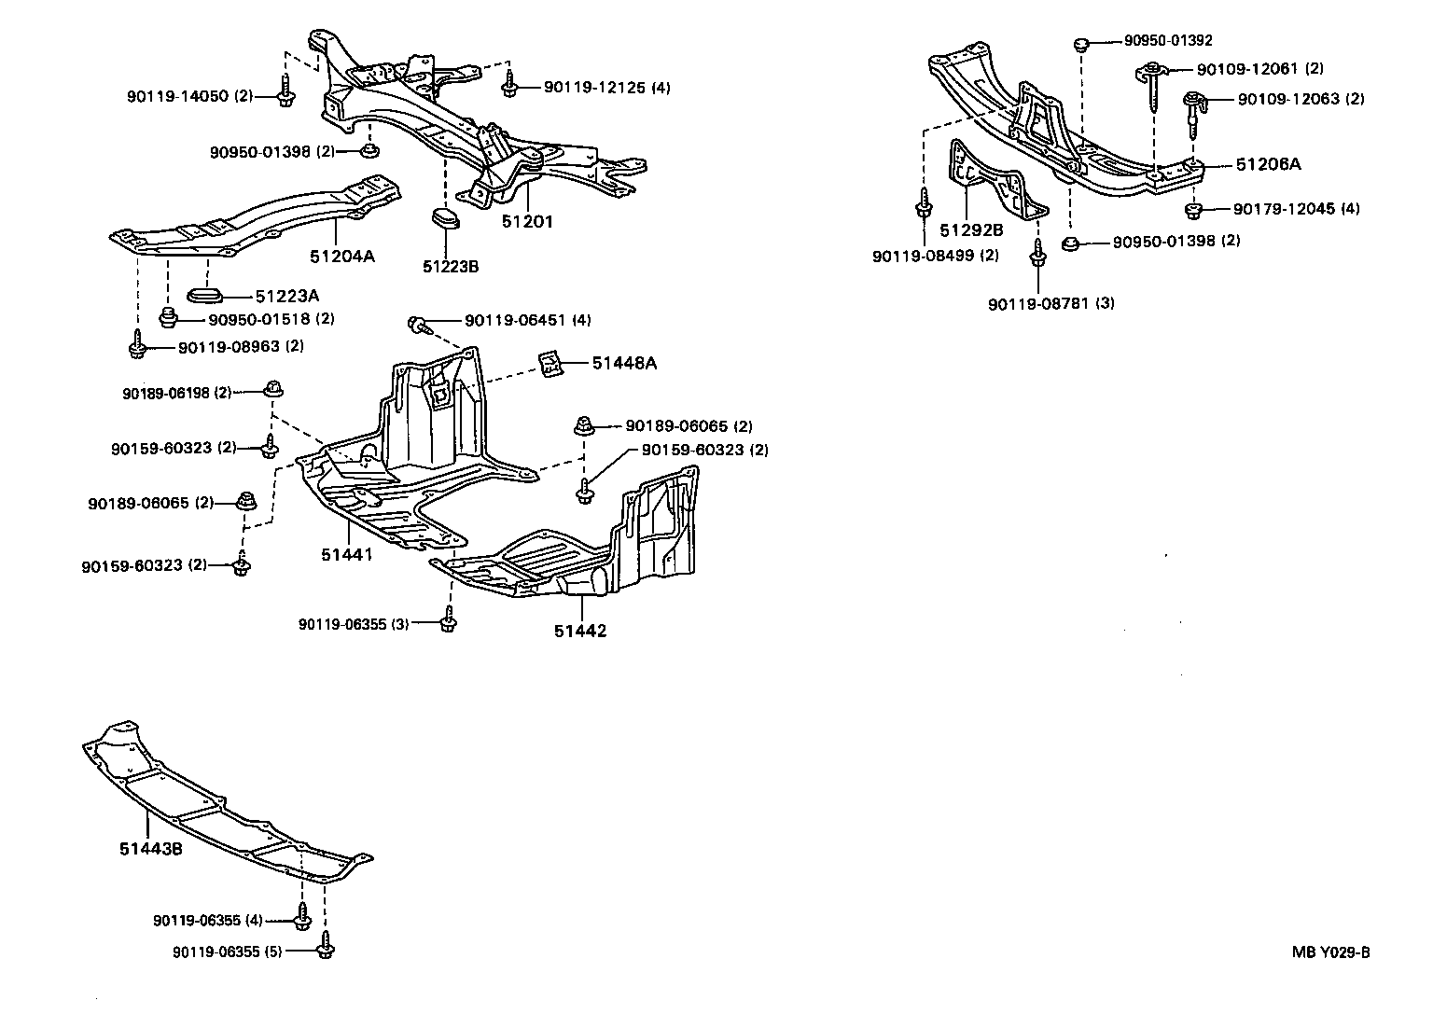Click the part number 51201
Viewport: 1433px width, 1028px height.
coord(527,221)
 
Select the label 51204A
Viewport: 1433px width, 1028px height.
coord(342,255)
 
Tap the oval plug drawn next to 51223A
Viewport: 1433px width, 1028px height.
coord(205,296)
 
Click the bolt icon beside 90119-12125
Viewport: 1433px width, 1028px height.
coord(509,87)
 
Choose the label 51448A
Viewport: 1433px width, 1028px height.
coord(623,363)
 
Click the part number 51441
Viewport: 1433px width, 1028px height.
coord(347,555)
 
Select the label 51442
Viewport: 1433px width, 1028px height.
coord(579,631)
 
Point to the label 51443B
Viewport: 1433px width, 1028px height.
coord(150,848)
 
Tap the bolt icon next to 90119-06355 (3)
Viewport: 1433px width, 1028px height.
coord(448,621)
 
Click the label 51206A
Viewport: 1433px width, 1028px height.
coord(1268,164)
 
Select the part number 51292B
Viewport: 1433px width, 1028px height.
coord(971,230)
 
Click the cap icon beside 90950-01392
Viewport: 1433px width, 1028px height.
coord(1082,42)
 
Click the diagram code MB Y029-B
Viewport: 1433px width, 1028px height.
coord(1330,952)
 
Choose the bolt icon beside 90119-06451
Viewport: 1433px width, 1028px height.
coord(417,324)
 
